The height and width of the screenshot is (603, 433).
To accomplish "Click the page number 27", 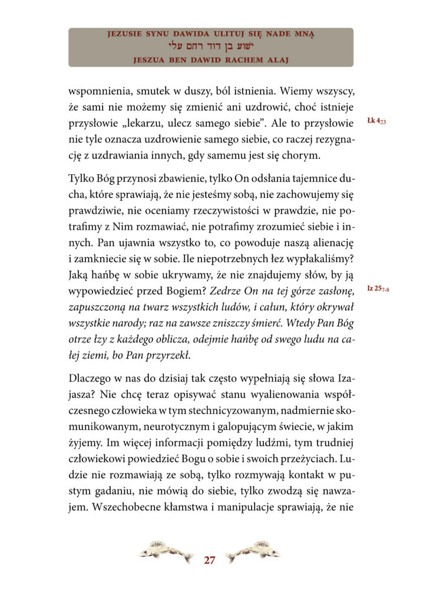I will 209,559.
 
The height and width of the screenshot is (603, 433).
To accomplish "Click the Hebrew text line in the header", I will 211,47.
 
